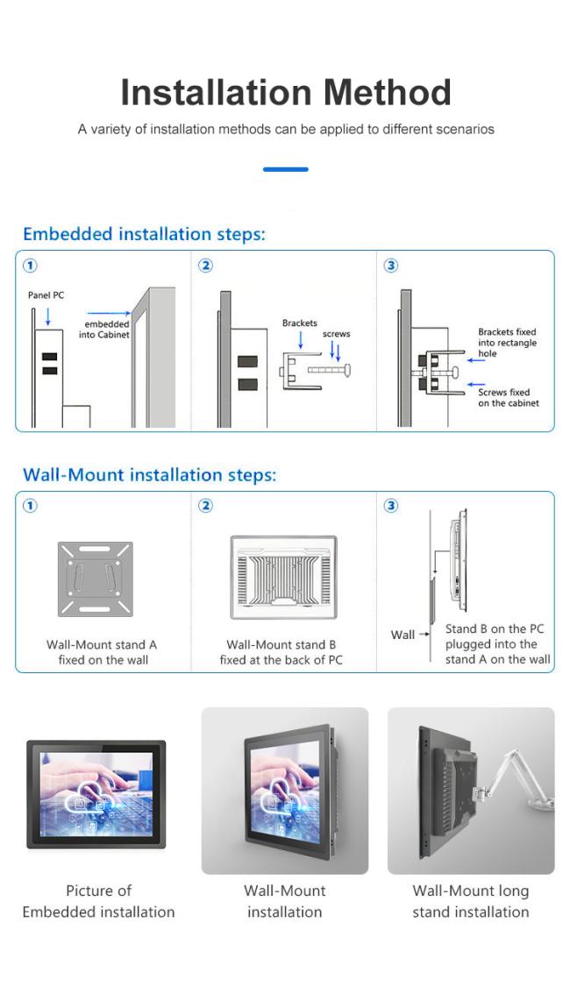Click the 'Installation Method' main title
[285, 92]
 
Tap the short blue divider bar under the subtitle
[285, 169]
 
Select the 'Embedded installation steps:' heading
[144, 234]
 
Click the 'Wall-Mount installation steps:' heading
[149, 475]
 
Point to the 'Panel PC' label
[46, 295]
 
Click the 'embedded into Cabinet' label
[106, 330]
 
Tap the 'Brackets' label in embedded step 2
[299, 323]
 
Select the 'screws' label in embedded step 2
[336, 335]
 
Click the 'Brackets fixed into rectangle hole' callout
[507, 343]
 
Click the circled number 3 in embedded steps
[391, 266]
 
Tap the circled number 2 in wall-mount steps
[205, 506]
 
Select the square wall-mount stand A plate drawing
[96, 579]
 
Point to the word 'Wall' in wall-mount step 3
[403, 635]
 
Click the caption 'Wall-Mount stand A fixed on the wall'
[103, 652]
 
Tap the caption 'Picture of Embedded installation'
[98, 901]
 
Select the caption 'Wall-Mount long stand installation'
[471, 901]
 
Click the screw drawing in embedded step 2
[330, 371]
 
